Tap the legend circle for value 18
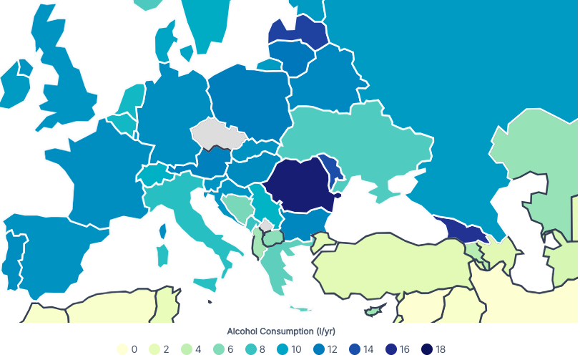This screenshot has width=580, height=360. coord(427,349)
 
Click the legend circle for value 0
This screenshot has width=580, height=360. coord(122,349)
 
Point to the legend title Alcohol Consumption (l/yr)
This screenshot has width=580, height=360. coord(280,331)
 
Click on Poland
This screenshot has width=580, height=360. coord(250,100)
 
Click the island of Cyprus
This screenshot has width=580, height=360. coord(372,311)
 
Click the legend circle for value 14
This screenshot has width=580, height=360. coord(365,349)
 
